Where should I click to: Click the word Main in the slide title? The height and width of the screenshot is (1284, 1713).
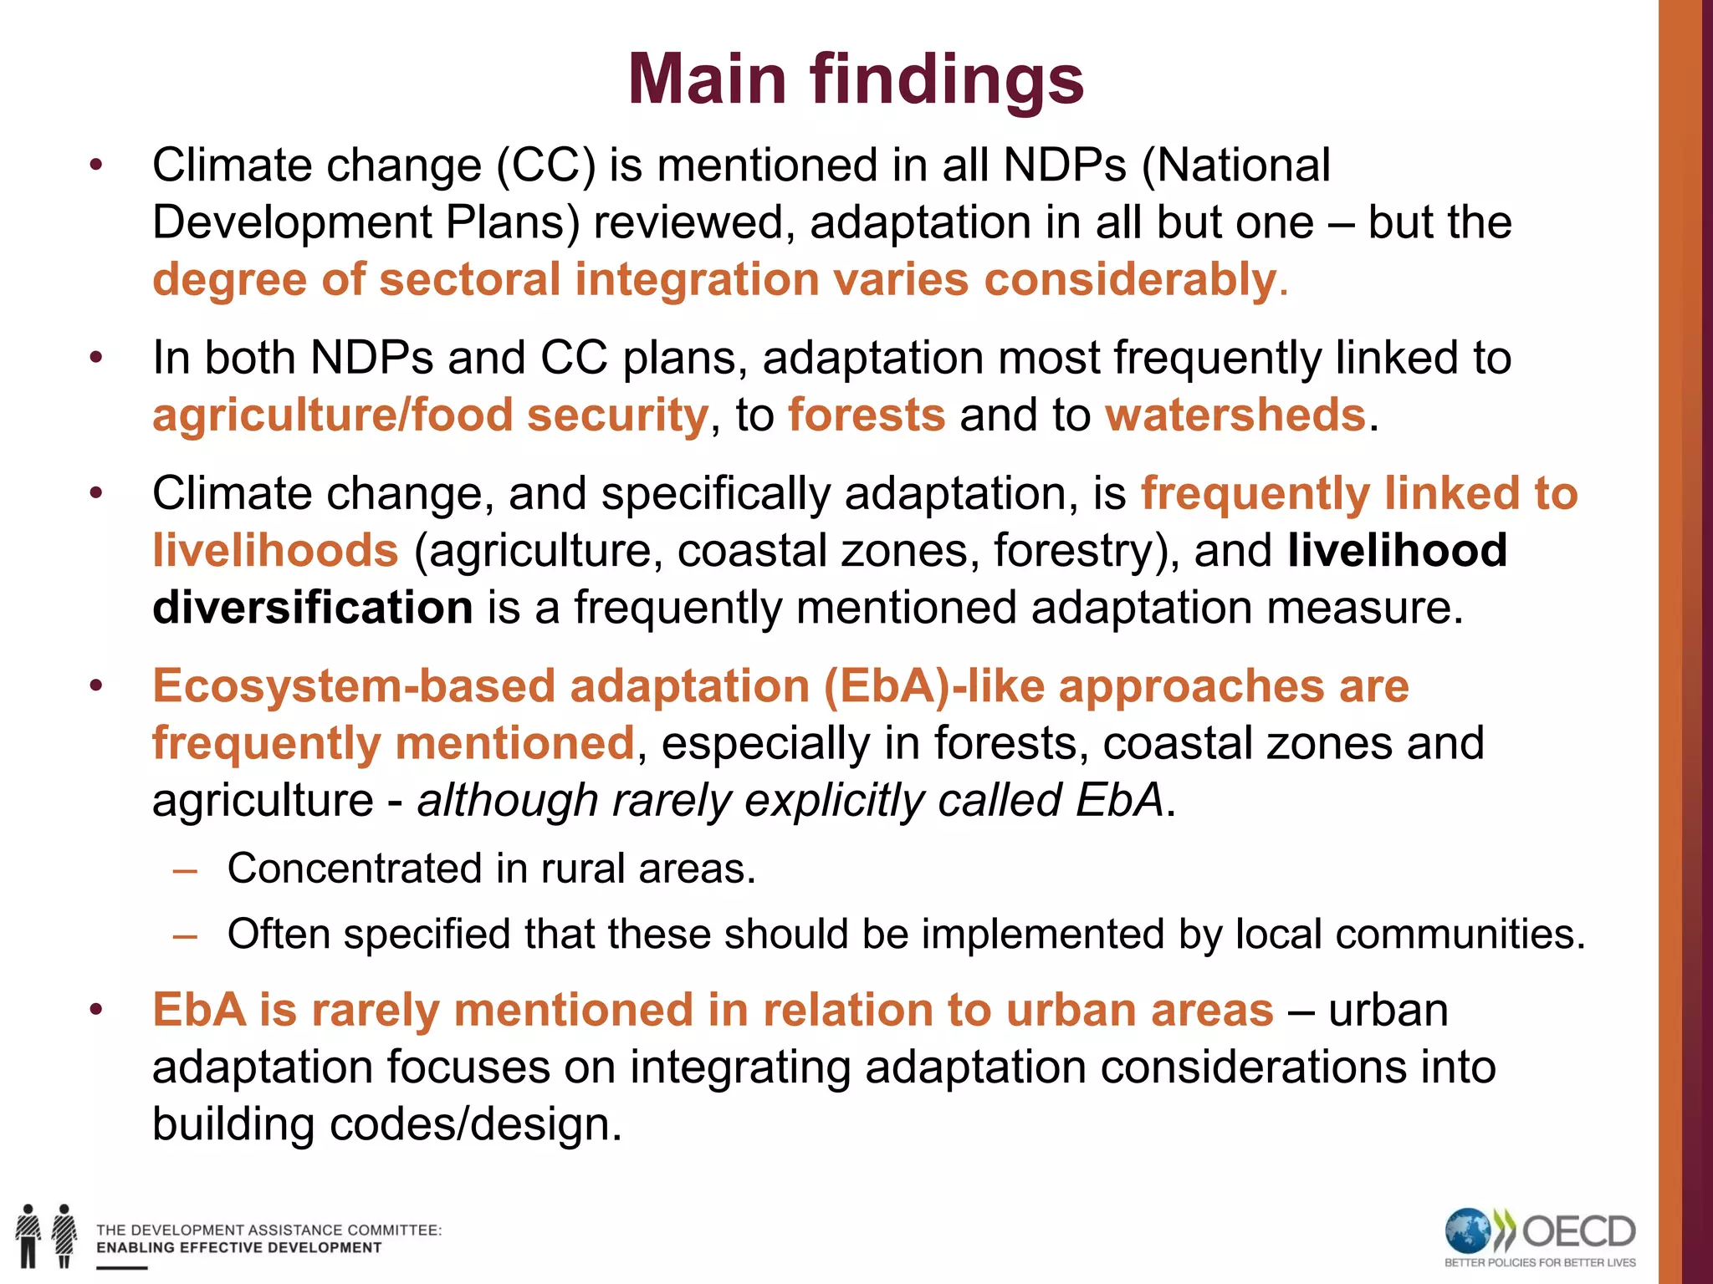pos(707,79)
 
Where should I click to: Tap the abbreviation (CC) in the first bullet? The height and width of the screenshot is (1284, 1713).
pos(546,166)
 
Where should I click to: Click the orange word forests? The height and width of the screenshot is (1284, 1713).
pos(867,415)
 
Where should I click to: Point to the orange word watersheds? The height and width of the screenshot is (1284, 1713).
pos(1235,415)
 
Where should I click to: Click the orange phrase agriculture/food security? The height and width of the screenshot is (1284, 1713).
pos(430,415)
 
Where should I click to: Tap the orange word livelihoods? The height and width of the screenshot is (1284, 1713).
pos(275,551)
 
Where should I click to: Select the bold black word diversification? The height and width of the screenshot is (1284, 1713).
pos(313,608)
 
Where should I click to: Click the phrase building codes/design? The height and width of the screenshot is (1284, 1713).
pos(386,1124)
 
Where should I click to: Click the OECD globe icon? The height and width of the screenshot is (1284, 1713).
pos(1468,1231)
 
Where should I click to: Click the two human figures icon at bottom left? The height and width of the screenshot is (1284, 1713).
pos(46,1236)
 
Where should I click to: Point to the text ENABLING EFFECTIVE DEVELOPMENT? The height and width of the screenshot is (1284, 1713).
pos(238,1248)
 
